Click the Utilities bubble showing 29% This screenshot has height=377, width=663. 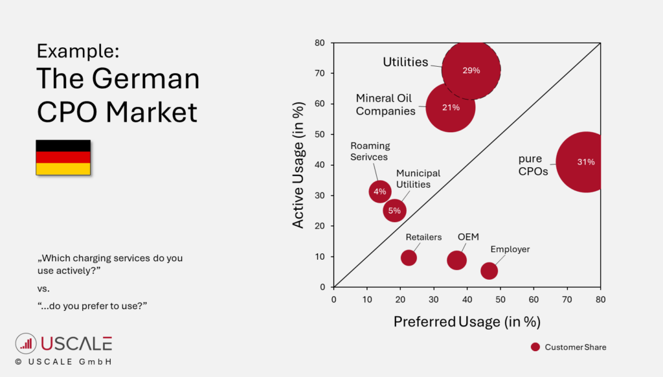coord(471,70)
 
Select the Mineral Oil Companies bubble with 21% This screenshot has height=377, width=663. coord(451,108)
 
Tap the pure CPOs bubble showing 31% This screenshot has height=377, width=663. coord(585,162)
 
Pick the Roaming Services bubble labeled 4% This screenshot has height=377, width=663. coord(380,191)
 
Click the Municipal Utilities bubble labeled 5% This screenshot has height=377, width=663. coord(394,211)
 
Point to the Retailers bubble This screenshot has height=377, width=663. coord(409,257)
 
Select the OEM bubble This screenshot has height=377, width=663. coord(456,260)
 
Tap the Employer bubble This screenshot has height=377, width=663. coord(489,271)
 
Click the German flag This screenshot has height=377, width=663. coord(63,157)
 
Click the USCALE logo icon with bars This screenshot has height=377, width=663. coord(26,343)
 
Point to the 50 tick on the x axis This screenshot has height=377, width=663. coord(500,299)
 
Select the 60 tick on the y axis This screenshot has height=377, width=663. coord(320,104)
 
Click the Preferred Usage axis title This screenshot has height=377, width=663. coord(467,321)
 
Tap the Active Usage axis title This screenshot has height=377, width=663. coord(298,165)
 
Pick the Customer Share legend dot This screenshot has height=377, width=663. coord(535,347)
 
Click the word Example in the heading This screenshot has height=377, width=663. coord(78,51)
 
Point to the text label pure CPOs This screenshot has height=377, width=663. coord(533,165)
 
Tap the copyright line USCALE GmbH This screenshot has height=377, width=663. coord(63,361)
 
